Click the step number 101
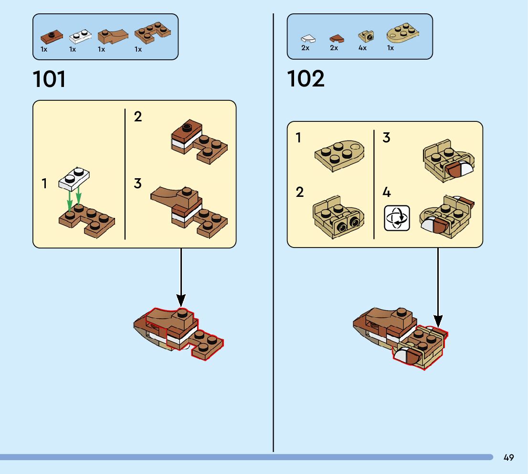click(50, 79)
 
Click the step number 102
click(306, 79)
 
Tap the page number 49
click(508, 457)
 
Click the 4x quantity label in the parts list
click(362, 48)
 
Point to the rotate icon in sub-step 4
click(397, 218)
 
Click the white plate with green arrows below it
click(74, 179)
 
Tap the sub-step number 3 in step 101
click(137, 183)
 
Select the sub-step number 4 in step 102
click(387, 193)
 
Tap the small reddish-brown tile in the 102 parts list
click(337, 38)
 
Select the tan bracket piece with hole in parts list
click(366, 36)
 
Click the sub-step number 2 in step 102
click(299, 193)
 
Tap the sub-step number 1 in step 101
click(44, 183)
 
